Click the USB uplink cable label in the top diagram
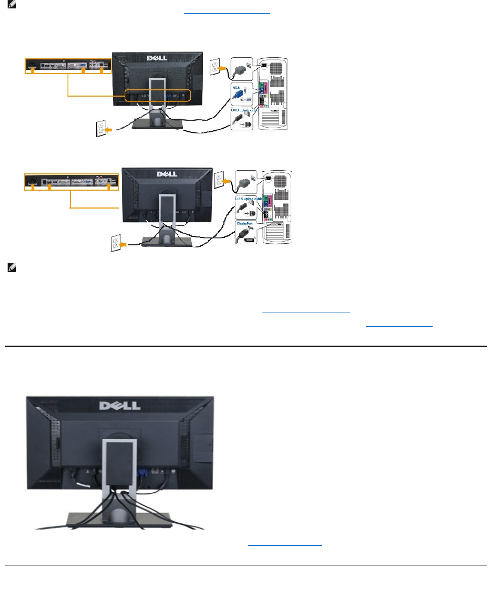243,110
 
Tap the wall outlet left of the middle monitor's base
113,244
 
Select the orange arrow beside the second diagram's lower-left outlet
125,244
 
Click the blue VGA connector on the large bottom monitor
141,472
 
